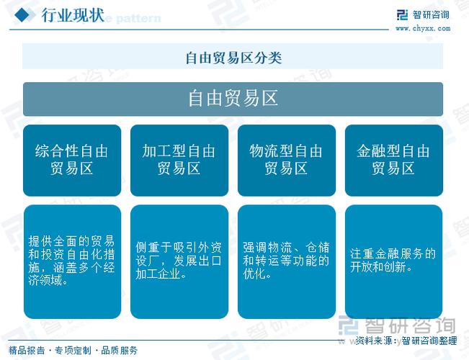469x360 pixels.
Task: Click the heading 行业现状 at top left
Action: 73,14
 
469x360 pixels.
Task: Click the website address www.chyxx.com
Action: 421,28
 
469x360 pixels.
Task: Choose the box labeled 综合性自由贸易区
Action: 71,160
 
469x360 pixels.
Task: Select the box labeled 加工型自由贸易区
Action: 179,160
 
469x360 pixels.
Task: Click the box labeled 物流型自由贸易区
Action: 286,160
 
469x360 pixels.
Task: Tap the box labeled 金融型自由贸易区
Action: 393,160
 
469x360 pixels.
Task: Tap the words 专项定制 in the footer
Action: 73,351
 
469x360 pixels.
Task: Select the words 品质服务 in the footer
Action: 120,351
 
